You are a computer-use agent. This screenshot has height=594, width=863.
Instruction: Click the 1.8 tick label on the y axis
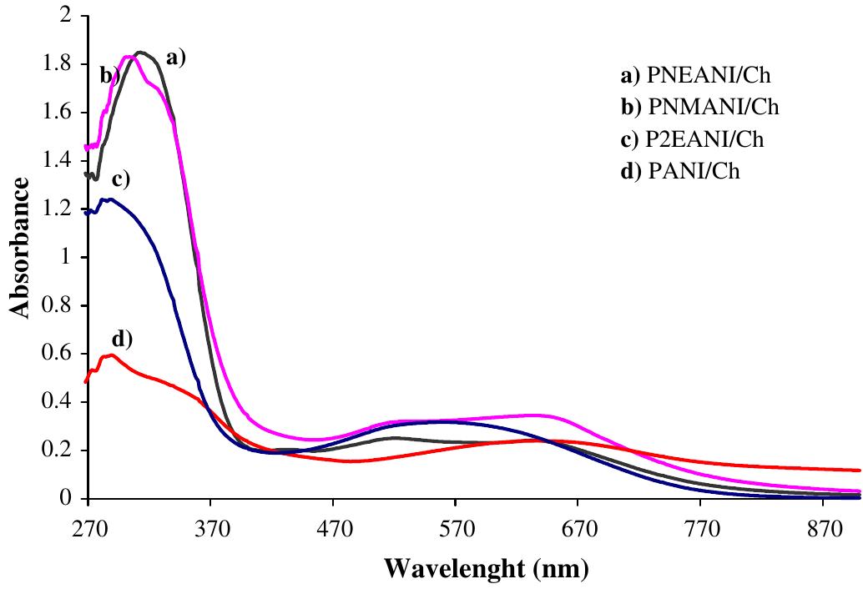coord(58,65)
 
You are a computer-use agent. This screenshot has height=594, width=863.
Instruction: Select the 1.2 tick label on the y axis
coord(58,210)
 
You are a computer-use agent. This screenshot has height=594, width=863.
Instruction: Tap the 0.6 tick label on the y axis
coord(58,355)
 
